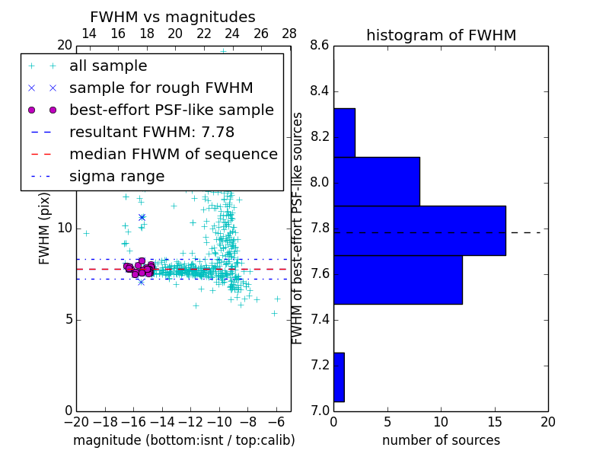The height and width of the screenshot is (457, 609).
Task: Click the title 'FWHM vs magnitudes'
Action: tap(173, 17)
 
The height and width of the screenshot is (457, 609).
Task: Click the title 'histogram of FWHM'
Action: tap(441, 35)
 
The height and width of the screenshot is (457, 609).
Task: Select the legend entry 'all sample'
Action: tap(108, 66)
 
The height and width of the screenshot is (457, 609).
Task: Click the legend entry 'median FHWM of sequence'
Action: tap(173, 154)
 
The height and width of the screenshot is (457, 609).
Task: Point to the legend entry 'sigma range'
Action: tap(116, 176)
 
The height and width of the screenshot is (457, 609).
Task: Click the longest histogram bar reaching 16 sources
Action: tap(419, 230)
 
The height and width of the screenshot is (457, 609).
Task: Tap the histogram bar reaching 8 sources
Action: tap(376, 181)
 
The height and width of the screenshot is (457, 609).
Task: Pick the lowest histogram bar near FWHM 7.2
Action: tap(339, 377)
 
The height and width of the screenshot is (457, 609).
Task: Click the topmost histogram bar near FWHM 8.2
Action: tap(344, 133)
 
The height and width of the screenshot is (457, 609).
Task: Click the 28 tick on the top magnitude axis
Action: tap(289, 34)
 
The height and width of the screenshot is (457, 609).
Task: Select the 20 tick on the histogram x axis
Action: tap(547, 421)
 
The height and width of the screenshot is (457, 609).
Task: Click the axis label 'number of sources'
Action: tap(441, 440)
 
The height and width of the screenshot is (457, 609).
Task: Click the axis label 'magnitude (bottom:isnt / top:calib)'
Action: tap(183, 440)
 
